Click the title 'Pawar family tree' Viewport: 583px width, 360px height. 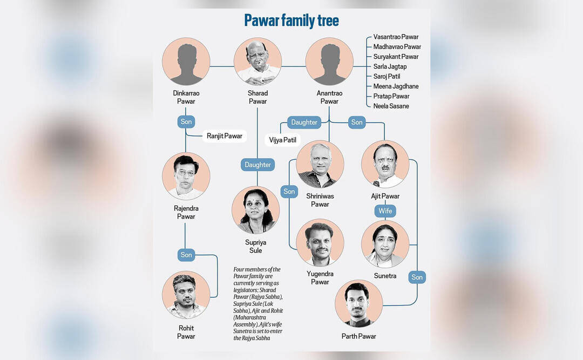[291, 21]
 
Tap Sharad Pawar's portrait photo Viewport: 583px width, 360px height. [257, 62]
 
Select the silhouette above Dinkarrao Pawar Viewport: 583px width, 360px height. [186, 62]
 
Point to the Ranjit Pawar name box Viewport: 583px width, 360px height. [224, 136]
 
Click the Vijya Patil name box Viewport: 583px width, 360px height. [282, 140]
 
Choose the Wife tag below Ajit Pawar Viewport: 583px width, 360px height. [385, 211]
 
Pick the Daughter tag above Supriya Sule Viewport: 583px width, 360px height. [257, 165]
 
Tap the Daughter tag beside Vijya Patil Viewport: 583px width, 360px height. [304, 123]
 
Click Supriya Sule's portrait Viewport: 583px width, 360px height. [255, 210]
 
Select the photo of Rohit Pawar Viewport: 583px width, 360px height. [186, 295]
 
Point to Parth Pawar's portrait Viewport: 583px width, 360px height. [359, 303]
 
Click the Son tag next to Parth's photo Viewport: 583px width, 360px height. [417, 277]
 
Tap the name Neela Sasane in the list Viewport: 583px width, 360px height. [391, 106]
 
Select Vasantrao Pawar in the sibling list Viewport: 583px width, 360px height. [396, 37]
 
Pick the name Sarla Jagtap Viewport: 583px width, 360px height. [390, 66]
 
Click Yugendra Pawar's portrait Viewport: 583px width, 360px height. [320, 242]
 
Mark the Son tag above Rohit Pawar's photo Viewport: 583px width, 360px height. [186, 255]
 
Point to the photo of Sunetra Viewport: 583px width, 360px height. [385, 244]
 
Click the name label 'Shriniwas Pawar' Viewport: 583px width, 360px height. [320, 200]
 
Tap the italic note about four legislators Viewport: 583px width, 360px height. [258, 303]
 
